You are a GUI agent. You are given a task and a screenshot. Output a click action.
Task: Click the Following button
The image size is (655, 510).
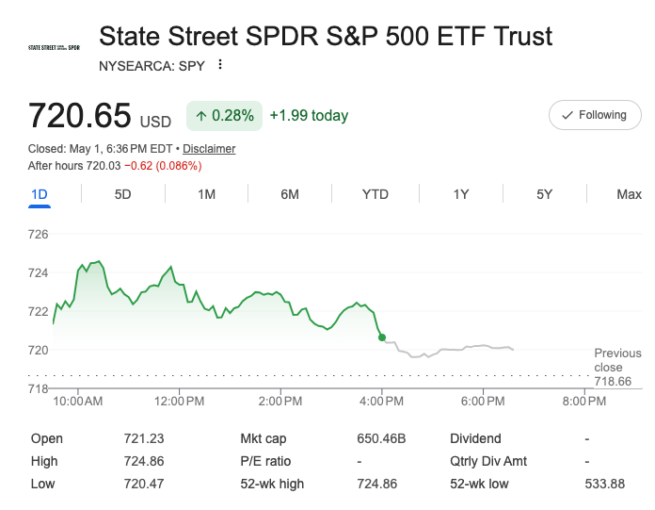click(595, 115)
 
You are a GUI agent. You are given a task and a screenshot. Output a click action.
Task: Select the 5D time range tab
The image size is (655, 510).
click(122, 194)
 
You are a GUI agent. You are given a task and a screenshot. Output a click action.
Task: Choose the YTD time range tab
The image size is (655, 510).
click(375, 194)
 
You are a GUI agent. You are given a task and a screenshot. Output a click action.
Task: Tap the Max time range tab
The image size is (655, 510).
click(629, 194)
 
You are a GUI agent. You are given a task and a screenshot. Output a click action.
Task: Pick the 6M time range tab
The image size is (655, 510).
click(290, 194)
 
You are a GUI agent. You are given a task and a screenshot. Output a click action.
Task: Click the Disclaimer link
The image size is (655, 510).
click(209, 149)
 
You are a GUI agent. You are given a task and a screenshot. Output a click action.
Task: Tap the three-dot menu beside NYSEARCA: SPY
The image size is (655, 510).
click(220, 65)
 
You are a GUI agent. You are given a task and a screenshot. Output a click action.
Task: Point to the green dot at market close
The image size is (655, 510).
click(382, 337)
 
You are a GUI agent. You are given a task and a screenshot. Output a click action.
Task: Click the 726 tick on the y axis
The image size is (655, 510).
click(38, 235)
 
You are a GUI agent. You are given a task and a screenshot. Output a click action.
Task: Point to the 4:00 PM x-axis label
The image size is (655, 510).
click(381, 402)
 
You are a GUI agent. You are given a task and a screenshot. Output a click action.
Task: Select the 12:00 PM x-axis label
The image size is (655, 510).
click(179, 402)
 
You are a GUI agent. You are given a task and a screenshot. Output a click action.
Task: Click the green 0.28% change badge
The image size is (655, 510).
click(224, 115)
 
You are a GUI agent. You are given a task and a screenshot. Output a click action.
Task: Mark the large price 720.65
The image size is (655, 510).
click(79, 115)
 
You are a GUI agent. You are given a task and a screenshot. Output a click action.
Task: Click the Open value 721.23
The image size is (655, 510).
click(144, 438)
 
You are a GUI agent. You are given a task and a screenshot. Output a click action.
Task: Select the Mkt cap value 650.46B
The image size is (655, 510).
click(381, 438)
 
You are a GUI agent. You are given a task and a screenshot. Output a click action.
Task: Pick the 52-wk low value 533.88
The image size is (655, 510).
click(604, 484)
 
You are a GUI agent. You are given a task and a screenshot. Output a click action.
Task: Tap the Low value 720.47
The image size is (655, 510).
click(144, 484)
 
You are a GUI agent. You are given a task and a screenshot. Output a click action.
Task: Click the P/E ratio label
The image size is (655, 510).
click(265, 461)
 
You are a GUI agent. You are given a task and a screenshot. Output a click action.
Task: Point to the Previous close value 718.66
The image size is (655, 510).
click(613, 381)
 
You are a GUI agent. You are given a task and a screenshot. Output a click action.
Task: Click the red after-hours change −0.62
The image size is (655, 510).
click(138, 166)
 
